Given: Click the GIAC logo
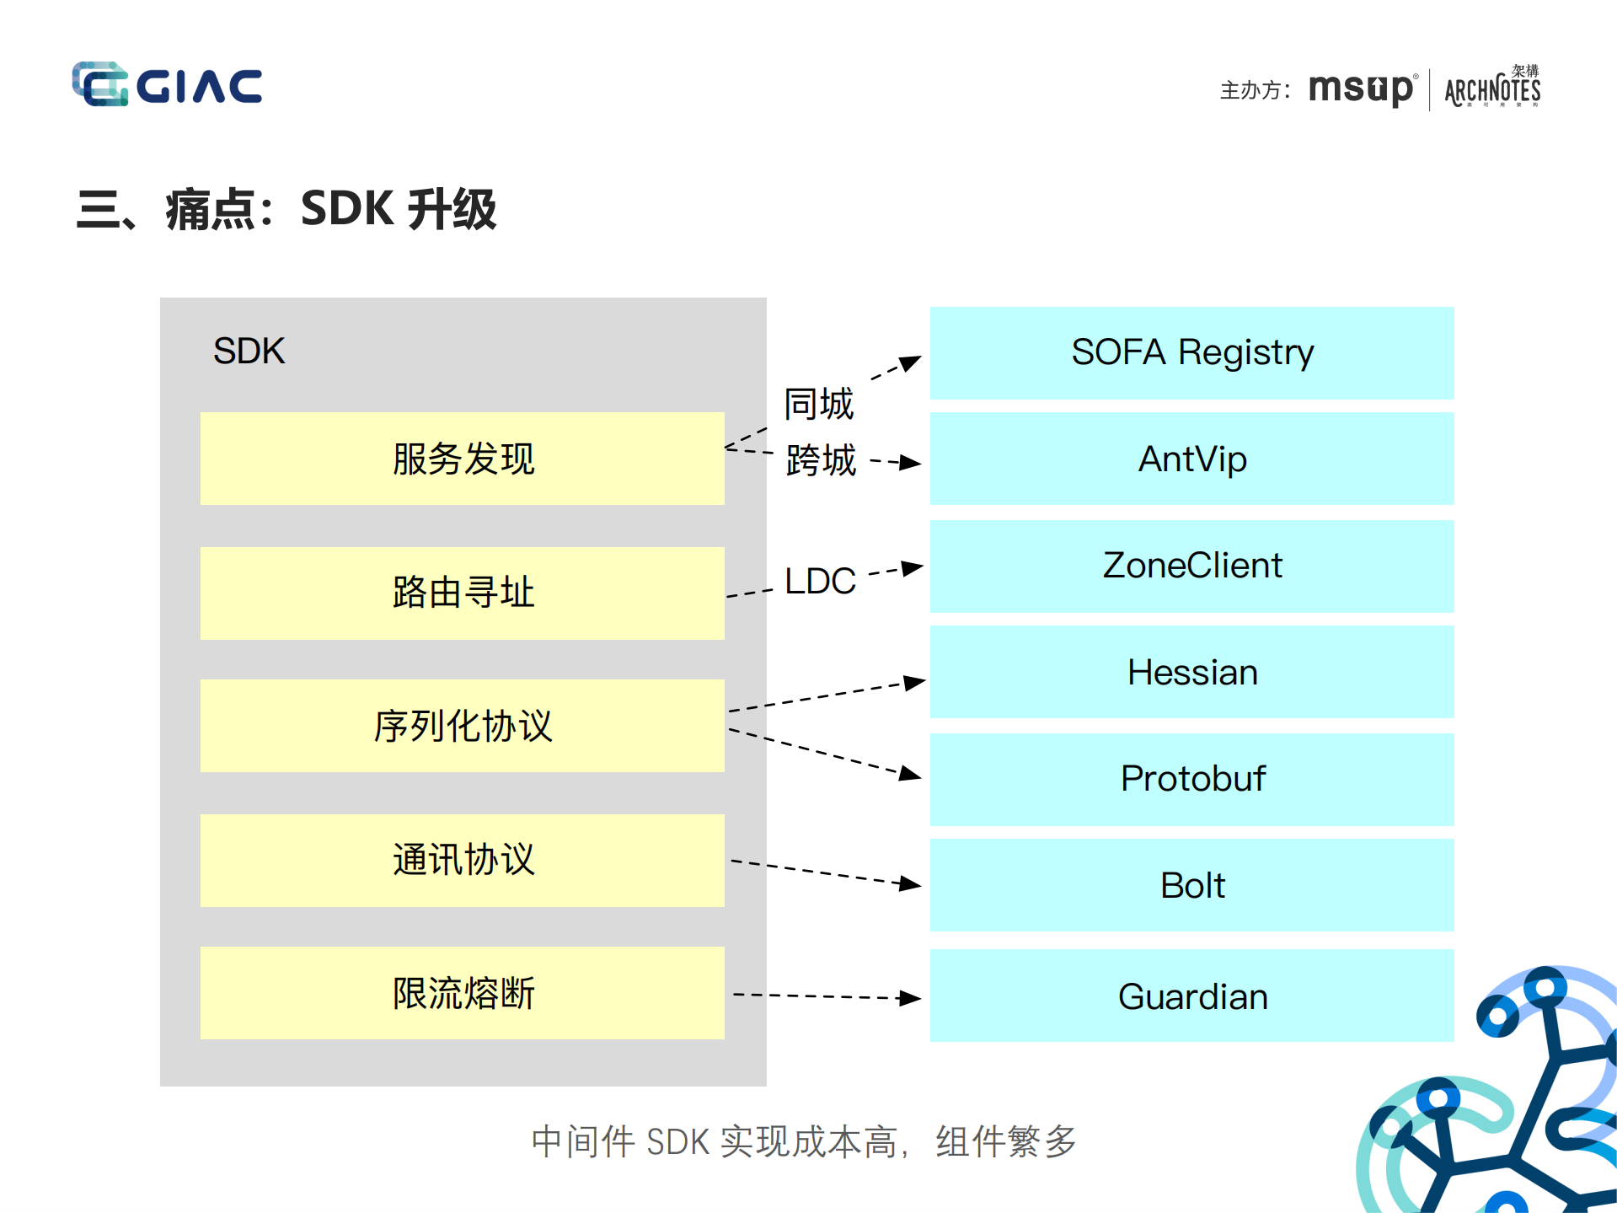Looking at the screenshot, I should point(167,84).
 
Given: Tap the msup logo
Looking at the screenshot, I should point(1360,89).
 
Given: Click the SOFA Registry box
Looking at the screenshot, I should point(1191,352).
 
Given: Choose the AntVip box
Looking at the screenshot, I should point(1191,459).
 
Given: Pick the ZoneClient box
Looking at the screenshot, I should point(1191,566).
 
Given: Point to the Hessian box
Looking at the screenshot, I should point(1191,672).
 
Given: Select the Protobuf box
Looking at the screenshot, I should point(1191,779).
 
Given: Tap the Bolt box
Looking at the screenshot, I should point(1191,885).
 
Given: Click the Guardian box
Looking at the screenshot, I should point(1191,996).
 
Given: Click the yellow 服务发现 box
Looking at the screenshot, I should point(462,459).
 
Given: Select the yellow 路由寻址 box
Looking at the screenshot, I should point(462,593).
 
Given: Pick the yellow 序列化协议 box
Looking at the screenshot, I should point(462,726).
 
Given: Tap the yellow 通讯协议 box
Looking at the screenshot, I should point(462,860).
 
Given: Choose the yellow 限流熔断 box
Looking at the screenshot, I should point(462,993).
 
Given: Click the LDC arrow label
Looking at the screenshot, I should point(820,581).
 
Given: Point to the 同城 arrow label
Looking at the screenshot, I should point(818,404).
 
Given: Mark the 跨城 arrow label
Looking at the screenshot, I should point(820,460).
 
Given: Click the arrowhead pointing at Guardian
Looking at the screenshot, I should point(911,998).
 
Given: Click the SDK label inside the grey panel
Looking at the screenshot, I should point(249,351).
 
